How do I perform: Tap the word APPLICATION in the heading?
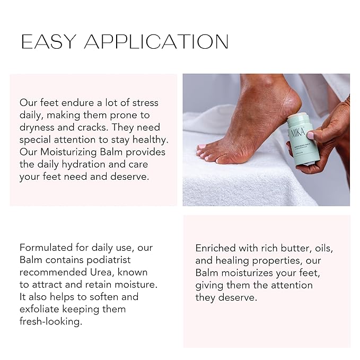coord(156,42)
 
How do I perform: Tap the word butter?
coord(292,248)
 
